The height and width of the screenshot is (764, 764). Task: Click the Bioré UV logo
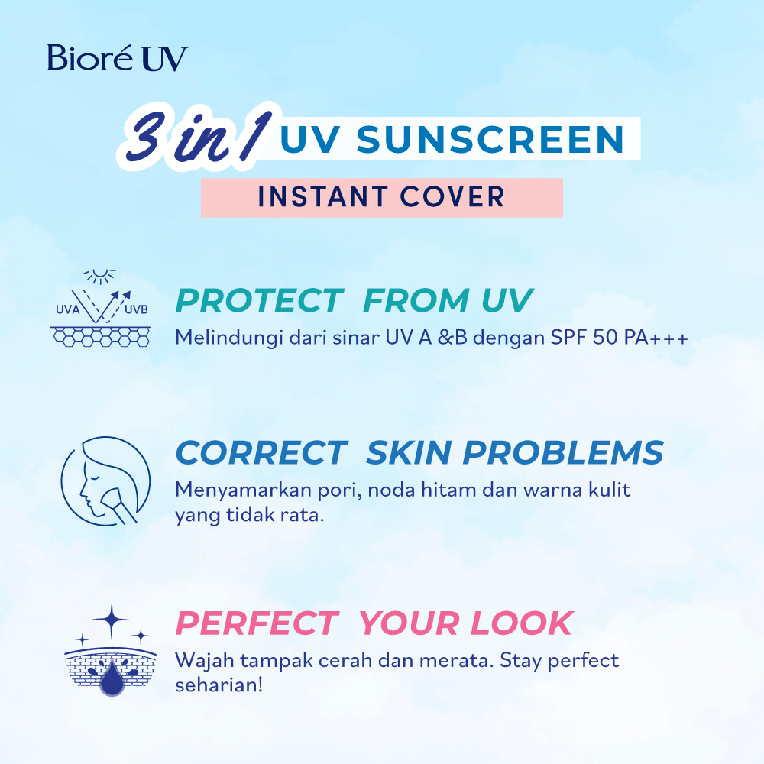tap(117, 59)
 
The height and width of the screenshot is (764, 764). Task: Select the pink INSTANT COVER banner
tap(381, 197)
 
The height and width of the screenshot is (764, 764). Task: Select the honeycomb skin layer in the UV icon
tap(101, 335)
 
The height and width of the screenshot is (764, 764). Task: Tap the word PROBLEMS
tap(563, 453)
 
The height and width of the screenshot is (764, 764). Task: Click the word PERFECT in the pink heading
tap(257, 623)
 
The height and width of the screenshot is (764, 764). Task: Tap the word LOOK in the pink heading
tap(520, 623)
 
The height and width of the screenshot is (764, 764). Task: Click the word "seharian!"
tap(219, 684)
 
